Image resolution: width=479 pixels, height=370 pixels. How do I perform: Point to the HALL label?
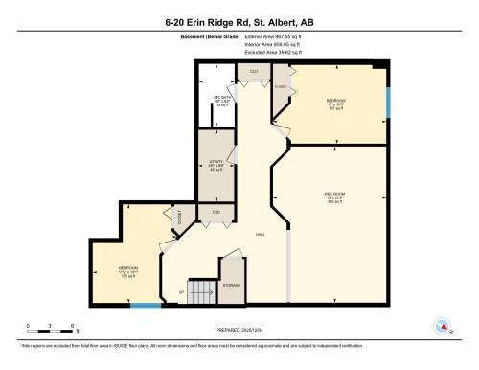tap(260, 235)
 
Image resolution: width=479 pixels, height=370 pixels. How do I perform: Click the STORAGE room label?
tap(231, 285)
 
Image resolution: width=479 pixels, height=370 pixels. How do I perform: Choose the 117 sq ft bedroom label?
tap(335, 103)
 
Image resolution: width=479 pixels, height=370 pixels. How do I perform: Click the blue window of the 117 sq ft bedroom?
tap(389, 102)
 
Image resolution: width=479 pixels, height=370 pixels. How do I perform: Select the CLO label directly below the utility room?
tap(216, 211)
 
